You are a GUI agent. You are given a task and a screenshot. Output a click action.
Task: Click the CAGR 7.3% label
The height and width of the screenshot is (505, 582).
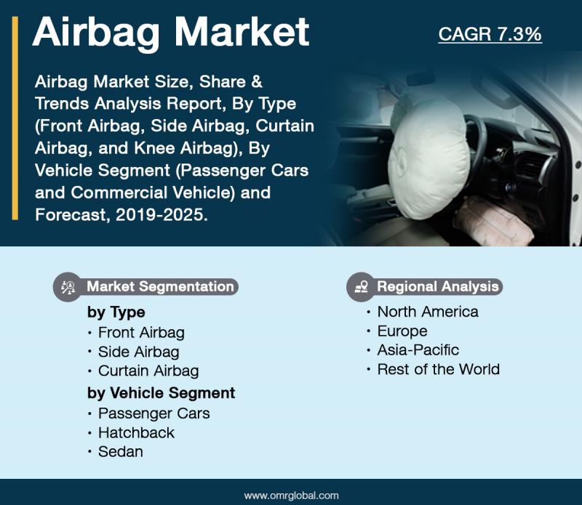coord(490,34)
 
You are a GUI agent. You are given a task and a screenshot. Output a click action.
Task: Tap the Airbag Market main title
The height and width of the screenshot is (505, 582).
coord(171,33)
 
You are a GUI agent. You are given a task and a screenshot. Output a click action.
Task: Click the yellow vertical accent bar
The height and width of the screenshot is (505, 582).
coord(15,118)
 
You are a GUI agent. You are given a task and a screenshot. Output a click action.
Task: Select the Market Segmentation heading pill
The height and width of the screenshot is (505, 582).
coord(145,286)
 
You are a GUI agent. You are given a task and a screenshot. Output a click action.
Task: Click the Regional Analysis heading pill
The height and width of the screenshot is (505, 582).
coord(424,286)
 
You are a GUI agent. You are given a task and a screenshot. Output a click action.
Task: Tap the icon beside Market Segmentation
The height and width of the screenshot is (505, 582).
coord(68,287)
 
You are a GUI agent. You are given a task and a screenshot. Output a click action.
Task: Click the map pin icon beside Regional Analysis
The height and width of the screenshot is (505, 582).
coord(361,286)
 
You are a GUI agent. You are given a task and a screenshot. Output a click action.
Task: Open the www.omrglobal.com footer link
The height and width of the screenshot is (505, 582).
coord(292,496)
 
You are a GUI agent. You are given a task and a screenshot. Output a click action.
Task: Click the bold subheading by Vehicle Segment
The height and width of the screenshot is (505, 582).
coord(161,393)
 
